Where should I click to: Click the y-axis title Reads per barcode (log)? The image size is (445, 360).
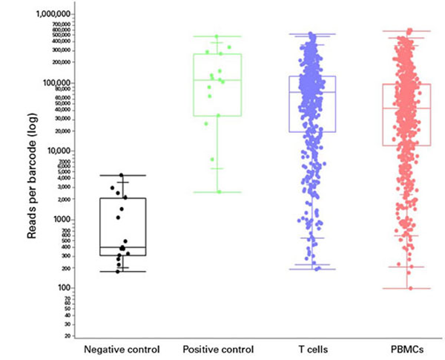tap(33, 174)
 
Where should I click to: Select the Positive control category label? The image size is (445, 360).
tap(217, 349)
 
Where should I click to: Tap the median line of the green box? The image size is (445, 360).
tap(217, 80)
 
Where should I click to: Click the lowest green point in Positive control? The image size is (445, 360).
tap(218, 192)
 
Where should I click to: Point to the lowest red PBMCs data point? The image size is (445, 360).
tap(409, 287)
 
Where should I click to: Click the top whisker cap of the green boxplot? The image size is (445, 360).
tap(217, 36)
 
